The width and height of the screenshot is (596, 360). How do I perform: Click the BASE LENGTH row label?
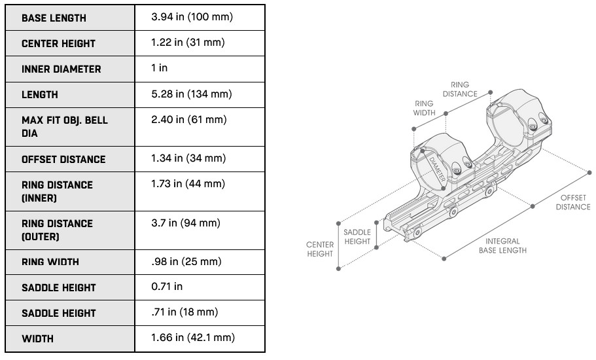point(54,18)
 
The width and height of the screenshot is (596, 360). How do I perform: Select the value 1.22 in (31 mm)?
point(188,42)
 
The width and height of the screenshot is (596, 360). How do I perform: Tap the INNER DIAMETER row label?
point(61,69)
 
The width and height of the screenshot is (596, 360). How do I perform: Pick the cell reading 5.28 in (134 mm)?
point(192,94)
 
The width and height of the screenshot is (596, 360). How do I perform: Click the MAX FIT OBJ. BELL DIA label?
point(65,126)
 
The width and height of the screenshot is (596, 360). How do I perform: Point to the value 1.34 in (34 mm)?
point(188,158)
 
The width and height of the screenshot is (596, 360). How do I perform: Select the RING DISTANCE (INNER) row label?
point(57,191)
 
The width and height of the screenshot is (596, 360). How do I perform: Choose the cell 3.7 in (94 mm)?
point(186,223)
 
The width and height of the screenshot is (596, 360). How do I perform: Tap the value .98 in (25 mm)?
point(186,262)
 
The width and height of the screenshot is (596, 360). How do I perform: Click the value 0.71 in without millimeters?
point(167,286)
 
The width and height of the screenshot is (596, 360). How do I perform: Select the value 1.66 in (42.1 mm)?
point(193,338)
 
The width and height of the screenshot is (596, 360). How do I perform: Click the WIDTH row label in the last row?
point(38,338)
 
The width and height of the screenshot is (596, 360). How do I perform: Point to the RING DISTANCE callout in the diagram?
point(460,89)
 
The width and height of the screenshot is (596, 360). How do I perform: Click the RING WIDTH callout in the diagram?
point(424,108)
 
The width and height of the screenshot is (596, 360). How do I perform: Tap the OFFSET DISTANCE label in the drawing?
point(573,202)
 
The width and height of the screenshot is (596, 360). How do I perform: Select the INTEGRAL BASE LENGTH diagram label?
point(502,245)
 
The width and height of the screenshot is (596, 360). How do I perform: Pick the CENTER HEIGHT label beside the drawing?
point(320,249)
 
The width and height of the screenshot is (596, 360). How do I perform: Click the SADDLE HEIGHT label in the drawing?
point(357,236)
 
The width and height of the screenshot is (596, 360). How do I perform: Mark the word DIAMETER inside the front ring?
point(437,169)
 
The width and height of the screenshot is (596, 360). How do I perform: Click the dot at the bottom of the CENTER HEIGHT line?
point(338,269)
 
